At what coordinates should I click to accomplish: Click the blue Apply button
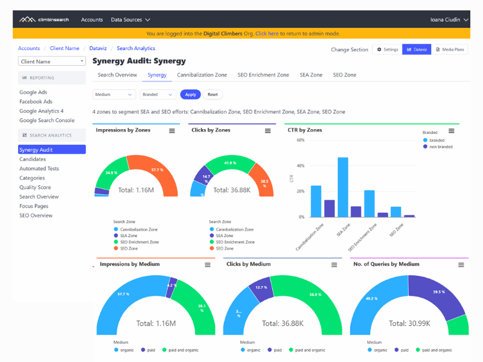190,95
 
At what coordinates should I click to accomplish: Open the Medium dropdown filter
114,95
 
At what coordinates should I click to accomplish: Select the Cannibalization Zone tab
202,75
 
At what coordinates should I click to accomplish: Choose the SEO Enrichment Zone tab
263,75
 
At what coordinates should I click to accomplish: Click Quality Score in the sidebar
35,188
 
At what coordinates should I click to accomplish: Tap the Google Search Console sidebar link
46,121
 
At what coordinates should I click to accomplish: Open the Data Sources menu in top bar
130,20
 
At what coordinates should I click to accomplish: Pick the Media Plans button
450,49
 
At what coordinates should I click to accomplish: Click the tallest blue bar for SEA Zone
343,187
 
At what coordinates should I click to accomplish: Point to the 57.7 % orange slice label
158,170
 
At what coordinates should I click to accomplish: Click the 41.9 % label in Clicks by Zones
229,163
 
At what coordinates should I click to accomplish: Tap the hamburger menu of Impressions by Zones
172,131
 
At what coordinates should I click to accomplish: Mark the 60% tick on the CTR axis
300,140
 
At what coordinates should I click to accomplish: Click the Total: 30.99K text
409,323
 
